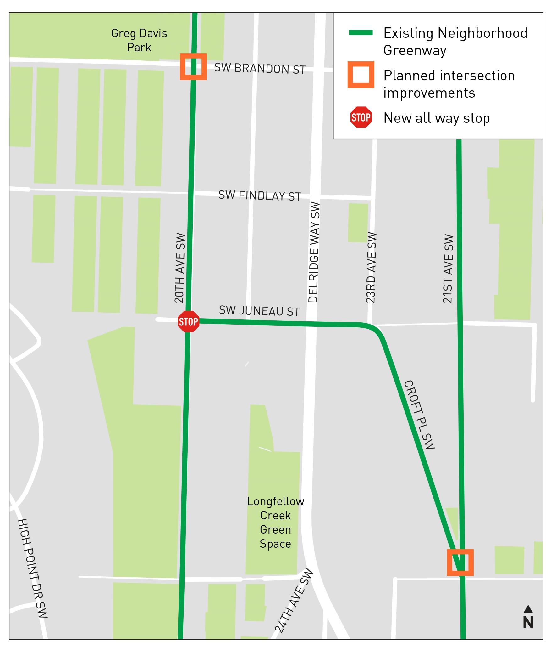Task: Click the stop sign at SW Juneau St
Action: click(189, 321)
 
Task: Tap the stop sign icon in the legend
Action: click(361, 117)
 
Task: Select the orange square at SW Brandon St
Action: click(193, 66)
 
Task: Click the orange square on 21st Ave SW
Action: click(460, 562)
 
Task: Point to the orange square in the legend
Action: click(361, 75)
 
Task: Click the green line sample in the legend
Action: click(361, 33)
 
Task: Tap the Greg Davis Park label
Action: click(139, 40)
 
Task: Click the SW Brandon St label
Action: click(260, 69)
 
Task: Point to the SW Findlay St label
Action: click(260, 196)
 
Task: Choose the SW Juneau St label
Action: click(259, 311)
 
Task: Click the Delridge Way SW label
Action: click(314, 252)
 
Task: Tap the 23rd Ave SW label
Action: click(371, 268)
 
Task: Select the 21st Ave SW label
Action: click(448, 268)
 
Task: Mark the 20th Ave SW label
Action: click(180, 268)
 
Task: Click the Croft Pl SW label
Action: click(419, 415)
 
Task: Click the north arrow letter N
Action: click(528, 622)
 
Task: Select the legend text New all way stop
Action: click(437, 118)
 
